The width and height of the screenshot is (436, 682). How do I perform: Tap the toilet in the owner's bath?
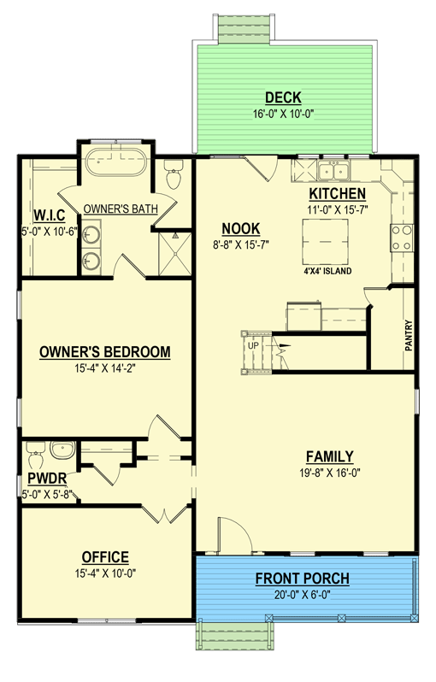[x=174, y=174]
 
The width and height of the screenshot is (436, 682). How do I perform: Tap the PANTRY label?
[x=409, y=335]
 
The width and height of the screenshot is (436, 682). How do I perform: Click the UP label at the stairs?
[x=253, y=346]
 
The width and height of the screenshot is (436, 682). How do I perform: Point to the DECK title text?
[x=282, y=98]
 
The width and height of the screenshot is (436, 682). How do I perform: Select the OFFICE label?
[x=105, y=556]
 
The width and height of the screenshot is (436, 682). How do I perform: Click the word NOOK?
[x=240, y=228]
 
